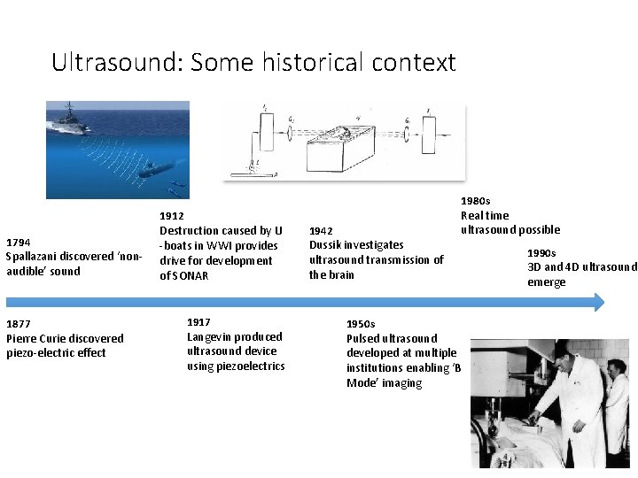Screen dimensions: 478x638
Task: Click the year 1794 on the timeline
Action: tap(19, 242)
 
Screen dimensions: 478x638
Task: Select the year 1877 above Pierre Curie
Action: tap(19, 323)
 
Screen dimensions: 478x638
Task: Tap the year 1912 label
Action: tap(172, 216)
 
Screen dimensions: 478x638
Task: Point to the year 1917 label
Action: tap(199, 322)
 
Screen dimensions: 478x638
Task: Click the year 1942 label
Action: tap(322, 230)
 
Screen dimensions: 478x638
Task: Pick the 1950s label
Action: tap(361, 324)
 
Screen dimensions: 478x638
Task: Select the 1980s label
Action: tap(476, 201)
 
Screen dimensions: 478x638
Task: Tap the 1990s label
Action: tap(542, 253)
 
